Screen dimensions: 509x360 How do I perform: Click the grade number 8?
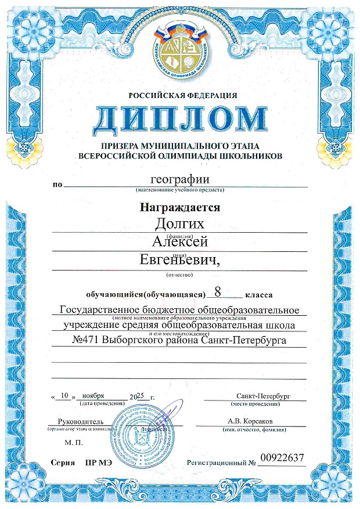(x=218, y=291)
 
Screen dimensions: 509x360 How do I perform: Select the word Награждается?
(x=179, y=207)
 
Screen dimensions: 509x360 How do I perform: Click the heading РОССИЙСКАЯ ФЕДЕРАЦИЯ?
(x=179, y=95)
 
